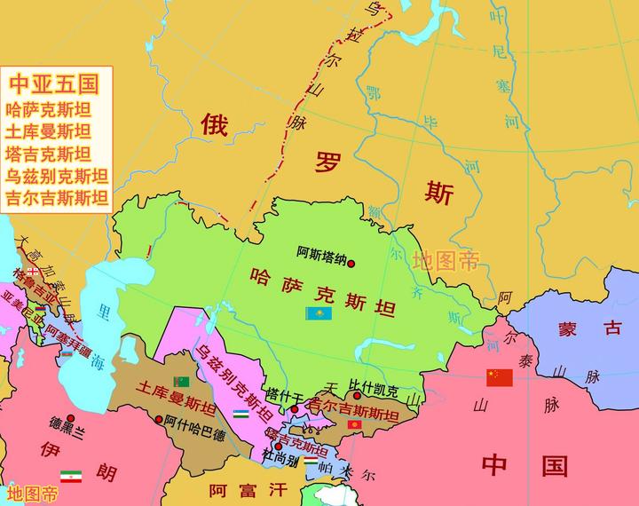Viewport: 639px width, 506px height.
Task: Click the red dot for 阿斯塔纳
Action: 351,264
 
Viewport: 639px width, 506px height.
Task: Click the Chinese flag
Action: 499,377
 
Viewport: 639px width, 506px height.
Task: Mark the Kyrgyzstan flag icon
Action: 354,428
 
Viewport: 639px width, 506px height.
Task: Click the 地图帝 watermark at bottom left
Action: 32,493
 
